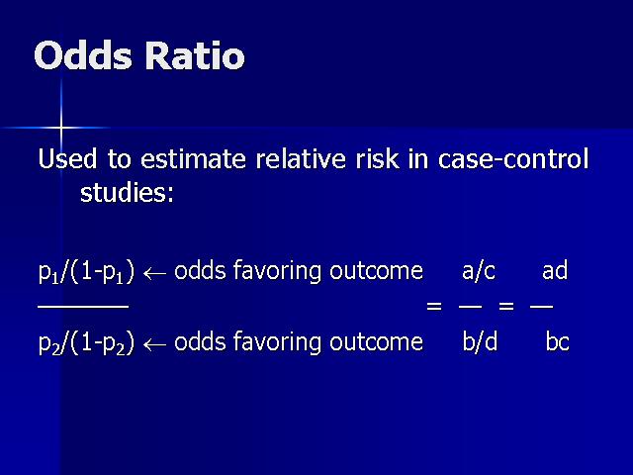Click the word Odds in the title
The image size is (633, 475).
83,55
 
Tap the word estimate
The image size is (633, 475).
193,158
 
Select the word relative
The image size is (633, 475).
301,158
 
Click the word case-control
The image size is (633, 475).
513,158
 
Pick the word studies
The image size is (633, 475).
127,192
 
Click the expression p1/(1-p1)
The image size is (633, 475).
86,272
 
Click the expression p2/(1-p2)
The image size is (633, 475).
86,343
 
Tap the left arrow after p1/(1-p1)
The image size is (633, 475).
154,274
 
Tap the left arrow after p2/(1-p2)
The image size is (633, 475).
154,345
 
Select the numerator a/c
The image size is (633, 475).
479,270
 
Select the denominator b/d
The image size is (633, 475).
480,341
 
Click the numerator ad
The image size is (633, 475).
555,270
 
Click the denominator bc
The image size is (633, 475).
557,341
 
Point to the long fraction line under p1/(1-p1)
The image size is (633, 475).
83,307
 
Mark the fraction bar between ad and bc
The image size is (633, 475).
541,307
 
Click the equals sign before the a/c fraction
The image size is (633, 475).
434,306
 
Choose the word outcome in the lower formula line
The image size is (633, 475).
376,341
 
